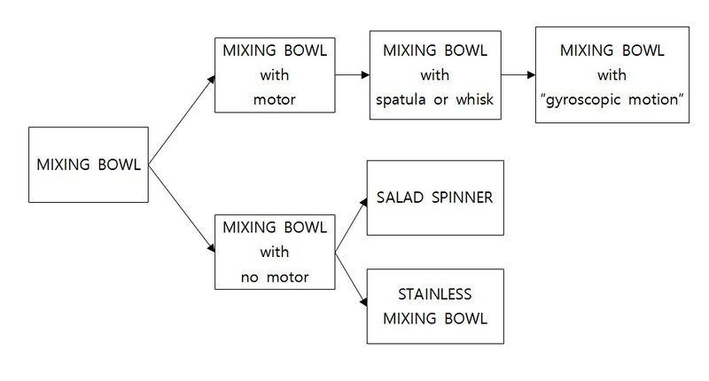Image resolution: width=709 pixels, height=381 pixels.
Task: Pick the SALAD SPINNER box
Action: point(435,198)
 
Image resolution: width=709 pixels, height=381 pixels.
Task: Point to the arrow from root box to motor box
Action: point(182,120)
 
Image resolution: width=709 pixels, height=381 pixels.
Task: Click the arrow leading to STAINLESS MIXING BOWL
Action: point(350,279)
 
